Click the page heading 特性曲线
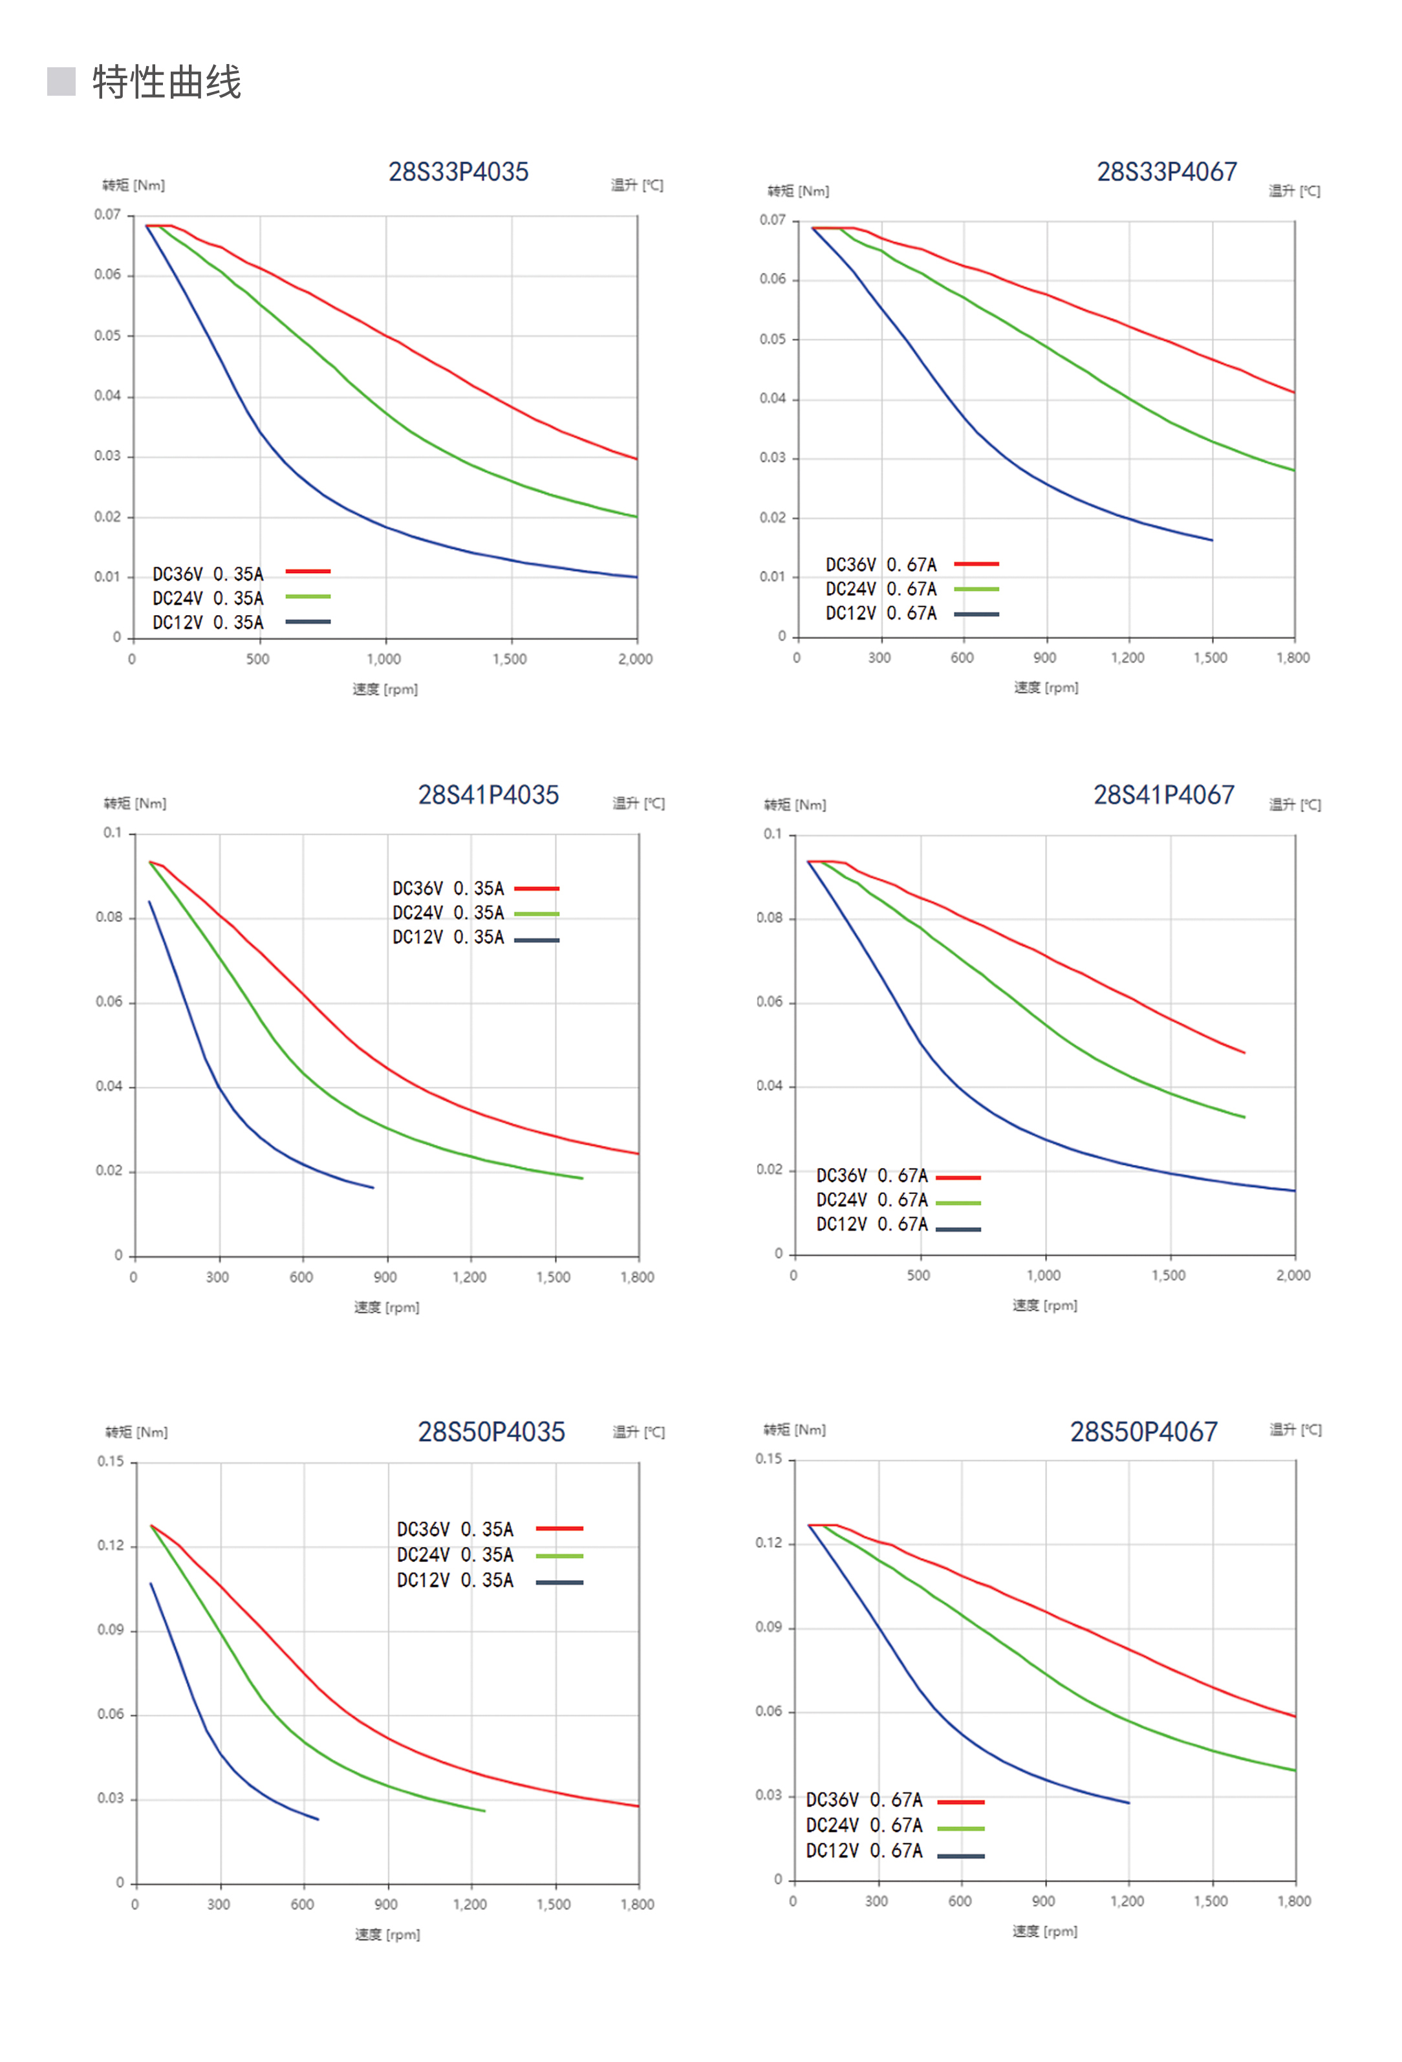[167, 83]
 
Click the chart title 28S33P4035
[458, 172]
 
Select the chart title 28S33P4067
[1166, 172]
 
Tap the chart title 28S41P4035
[488, 795]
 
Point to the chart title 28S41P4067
[1163, 795]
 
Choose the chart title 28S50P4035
[491, 1432]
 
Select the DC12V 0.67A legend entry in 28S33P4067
[911, 613]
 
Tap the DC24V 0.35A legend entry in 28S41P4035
[475, 913]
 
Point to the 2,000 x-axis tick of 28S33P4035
[635, 659]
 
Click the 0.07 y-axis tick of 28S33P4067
[772, 220]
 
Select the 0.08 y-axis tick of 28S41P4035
[109, 917]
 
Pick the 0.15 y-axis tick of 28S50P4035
[111, 1461]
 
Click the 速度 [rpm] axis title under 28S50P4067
[1045, 1931]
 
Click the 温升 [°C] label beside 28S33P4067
[1294, 191]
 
